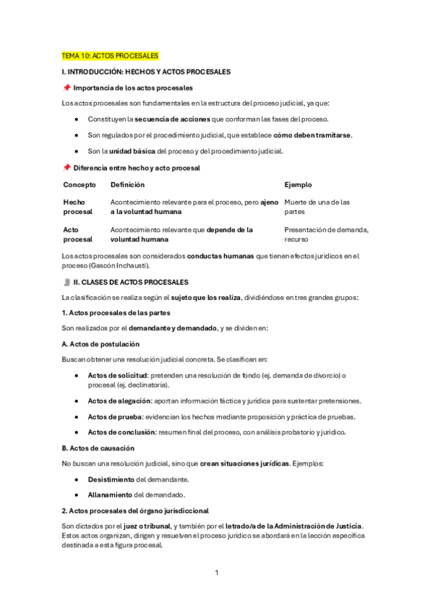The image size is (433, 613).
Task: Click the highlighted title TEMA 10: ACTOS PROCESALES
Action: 110,56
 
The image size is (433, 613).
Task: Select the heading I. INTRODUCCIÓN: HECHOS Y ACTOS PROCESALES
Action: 146,72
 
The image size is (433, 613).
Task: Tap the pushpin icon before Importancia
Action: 67,87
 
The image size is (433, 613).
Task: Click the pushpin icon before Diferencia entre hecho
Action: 67,168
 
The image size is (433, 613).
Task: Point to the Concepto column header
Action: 80,184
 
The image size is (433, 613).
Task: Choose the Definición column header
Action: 127,184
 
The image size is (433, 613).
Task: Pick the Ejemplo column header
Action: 298,184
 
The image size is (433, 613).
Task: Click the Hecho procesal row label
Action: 78,207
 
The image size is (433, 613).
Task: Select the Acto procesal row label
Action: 78,234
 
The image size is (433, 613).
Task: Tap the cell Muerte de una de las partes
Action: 317,207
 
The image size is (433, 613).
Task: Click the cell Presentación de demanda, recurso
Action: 326,234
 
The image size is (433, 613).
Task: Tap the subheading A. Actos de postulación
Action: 100,344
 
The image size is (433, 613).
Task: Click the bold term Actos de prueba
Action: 114,416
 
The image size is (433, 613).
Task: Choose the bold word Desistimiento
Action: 111,479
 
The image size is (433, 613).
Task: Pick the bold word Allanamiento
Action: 111,495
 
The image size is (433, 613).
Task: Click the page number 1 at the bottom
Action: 216,573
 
